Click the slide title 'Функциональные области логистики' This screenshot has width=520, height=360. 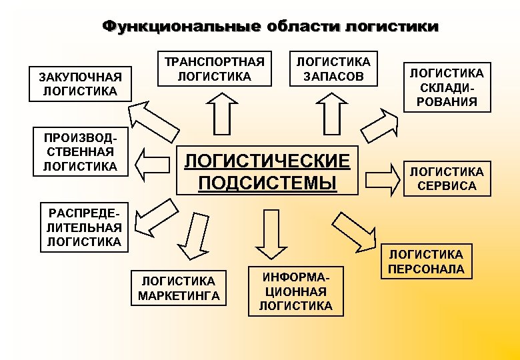click(270, 27)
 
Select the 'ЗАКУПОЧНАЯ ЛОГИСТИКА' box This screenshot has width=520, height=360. click(81, 83)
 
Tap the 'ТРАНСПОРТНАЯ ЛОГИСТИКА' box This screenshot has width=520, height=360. click(215, 69)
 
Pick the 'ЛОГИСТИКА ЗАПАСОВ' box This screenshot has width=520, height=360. click(333, 69)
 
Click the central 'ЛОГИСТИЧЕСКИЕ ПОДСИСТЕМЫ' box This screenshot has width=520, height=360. click(267, 171)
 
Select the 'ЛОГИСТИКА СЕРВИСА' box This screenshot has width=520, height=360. click(447, 179)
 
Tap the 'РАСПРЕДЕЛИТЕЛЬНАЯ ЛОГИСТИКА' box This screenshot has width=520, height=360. click(85, 227)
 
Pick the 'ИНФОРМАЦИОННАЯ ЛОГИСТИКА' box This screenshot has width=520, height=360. click(295, 291)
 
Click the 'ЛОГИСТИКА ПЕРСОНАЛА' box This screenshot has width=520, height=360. click(427, 261)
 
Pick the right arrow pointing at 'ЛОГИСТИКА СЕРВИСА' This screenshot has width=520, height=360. click(382, 178)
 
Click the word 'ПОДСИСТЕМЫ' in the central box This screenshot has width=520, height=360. click(267, 182)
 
